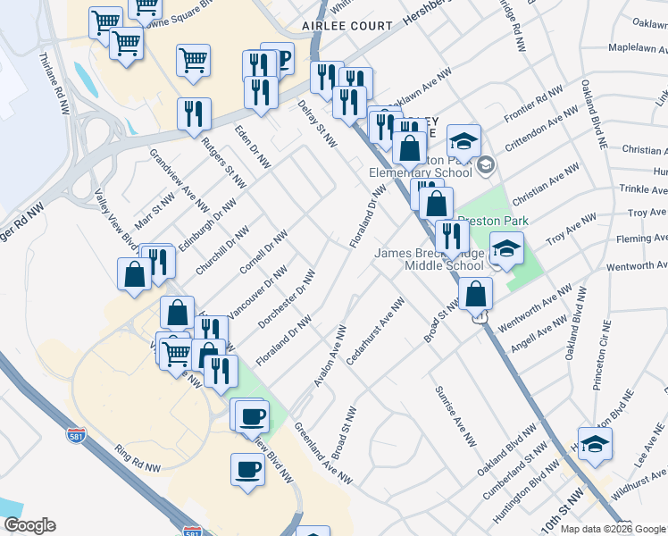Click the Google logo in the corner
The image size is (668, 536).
tap(29, 525)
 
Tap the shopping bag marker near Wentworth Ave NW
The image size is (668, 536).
tap(476, 293)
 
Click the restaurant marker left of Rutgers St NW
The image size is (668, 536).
tap(194, 113)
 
